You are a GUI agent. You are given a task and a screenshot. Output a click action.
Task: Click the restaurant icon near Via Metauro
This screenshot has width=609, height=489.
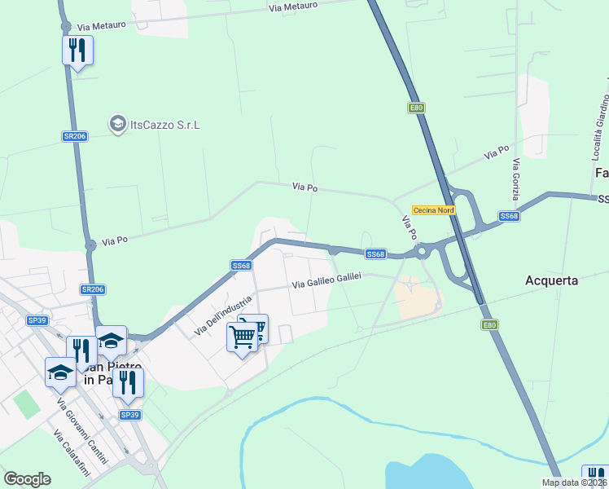pos(77,51)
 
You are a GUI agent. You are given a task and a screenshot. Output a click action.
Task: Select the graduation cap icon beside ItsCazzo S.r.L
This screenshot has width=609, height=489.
pos(117,124)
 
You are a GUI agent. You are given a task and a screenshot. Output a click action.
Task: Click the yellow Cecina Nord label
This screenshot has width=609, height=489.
pos(433,209)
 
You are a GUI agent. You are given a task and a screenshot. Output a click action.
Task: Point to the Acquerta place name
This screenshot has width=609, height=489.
pos(551,280)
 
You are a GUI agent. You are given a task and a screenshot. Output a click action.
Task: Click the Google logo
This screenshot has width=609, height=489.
pos(27,479)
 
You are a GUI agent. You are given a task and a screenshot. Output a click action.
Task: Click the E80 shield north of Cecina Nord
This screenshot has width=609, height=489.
pos(417,108)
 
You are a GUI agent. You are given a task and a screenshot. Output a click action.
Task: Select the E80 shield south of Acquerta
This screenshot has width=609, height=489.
pos(489,325)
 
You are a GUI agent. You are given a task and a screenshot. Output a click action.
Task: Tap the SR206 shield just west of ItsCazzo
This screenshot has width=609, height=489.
pos(73,136)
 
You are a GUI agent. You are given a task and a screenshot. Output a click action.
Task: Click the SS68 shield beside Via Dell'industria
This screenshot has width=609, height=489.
pos(241,265)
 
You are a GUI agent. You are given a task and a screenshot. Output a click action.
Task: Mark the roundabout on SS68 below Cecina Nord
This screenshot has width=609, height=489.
pos(423,253)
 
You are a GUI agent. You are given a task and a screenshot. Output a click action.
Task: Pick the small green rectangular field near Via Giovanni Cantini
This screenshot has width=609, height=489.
pos(27,404)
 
